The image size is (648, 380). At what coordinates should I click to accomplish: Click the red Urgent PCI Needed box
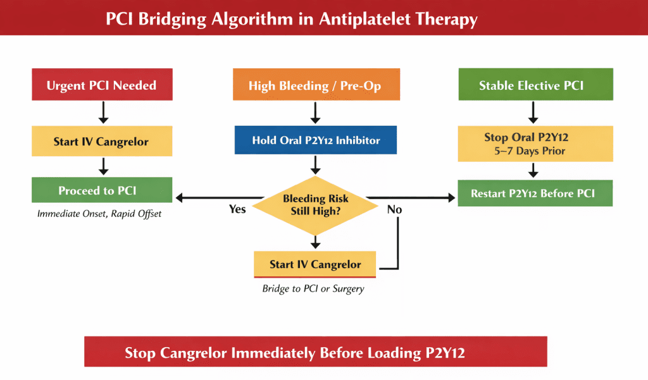(101, 85)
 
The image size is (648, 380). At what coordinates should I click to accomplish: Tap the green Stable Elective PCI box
(535, 85)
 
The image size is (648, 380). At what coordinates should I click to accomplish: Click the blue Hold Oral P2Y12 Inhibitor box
(315, 140)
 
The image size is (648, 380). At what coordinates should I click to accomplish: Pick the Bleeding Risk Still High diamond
(315, 204)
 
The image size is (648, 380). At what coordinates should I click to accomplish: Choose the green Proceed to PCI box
(101, 190)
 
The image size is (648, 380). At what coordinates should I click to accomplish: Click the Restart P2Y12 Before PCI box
(535, 193)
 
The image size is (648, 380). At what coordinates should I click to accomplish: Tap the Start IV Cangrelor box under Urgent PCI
(101, 141)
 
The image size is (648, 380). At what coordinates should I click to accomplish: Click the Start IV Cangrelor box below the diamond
(315, 264)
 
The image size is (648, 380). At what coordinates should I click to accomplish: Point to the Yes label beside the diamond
(237, 209)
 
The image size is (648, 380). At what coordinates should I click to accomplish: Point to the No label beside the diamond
(394, 209)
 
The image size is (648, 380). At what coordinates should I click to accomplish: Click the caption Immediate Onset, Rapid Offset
(99, 214)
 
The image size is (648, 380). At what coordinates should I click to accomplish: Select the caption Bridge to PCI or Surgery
(313, 289)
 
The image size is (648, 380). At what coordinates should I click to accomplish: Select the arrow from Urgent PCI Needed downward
(104, 113)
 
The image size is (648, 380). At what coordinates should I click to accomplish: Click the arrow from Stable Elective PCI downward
(533, 113)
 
